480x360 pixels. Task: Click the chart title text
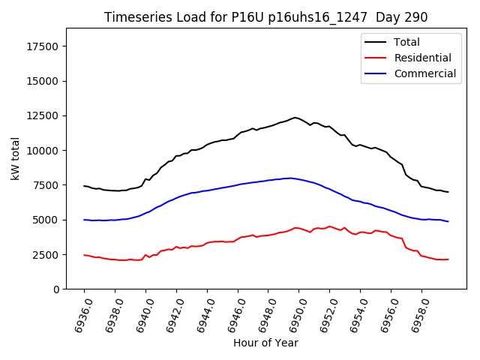[x=265, y=17]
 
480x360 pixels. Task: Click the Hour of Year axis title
[x=265, y=343]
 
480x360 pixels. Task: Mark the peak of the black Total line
[x=295, y=117]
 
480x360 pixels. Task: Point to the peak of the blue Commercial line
[x=289, y=178]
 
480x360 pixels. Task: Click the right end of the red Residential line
[x=448, y=259]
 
